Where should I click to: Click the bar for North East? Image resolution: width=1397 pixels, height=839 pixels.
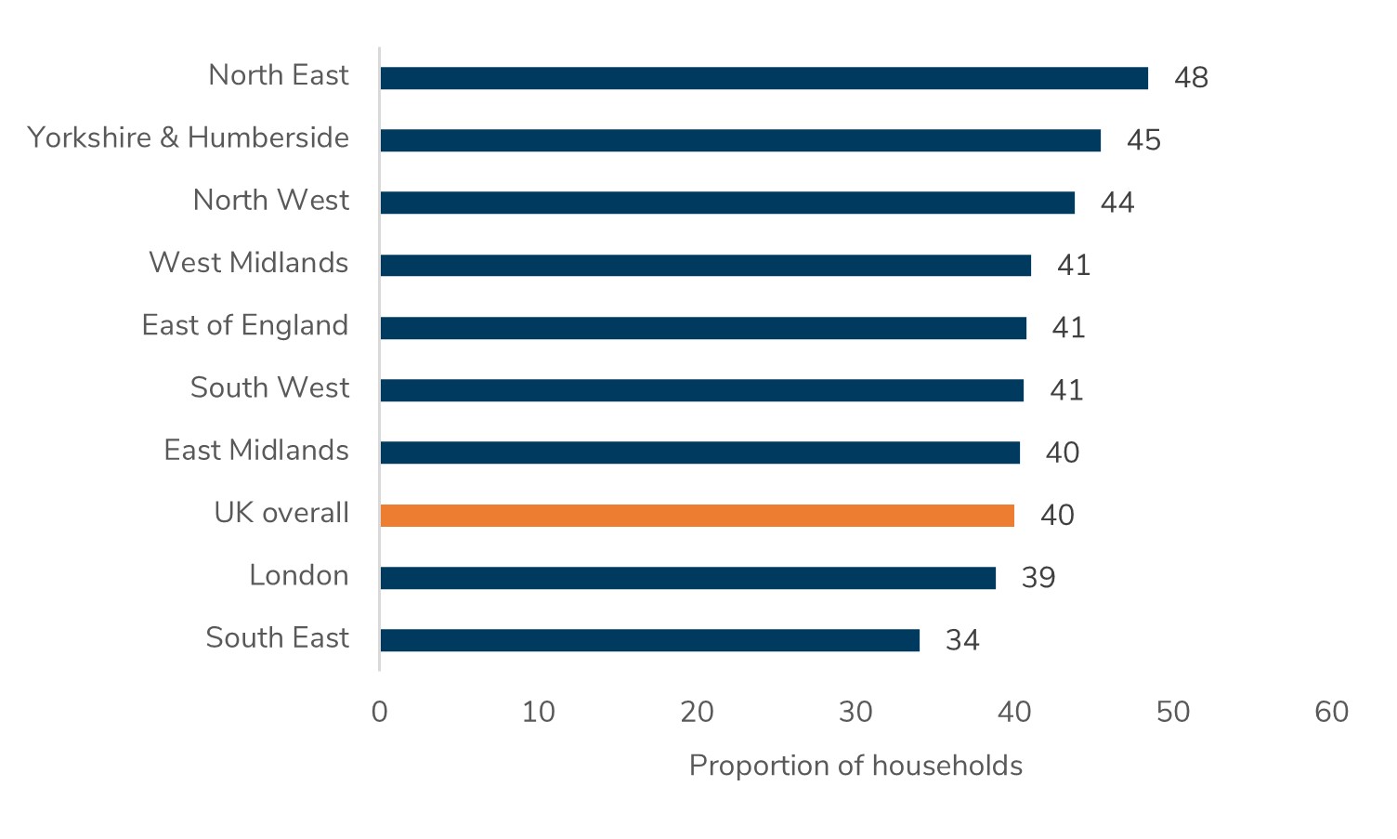pyautogui.click(x=764, y=78)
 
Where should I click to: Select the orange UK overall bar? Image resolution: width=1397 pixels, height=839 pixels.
pyautogui.click(x=697, y=516)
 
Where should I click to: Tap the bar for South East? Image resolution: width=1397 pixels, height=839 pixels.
pyautogui.click(x=649, y=640)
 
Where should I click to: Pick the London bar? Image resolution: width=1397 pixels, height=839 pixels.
pyautogui.click(x=687, y=578)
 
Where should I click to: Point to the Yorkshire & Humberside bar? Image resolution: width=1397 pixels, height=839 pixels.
pyautogui.click(x=740, y=140)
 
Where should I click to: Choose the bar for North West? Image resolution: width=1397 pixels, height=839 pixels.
pyautogui.click(x=727, y=203)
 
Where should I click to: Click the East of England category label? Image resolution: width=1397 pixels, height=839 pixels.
pyautogui.click(x=245, y=326)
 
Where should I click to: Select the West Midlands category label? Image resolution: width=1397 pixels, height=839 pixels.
pyautogui.click(x=249, y=263)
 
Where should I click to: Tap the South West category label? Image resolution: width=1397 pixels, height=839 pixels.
pyautogui.click(x=269, y=387)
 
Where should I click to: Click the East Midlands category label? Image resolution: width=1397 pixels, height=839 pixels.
pyautogui.click(x=256, y=451)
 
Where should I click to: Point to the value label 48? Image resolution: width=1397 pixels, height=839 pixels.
pyautogui.click(x=1191, y=78)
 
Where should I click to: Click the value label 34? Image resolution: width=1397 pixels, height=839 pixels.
pyautogui.click(x=962, y=640)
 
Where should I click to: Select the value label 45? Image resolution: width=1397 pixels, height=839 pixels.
pyautogui.click(x=1143, y=140)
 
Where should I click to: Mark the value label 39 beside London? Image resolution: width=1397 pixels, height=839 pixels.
pyautogui.click(x=1038, y=578)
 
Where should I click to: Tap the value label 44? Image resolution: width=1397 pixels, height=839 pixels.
pyautogui.click(x=1117, y=203)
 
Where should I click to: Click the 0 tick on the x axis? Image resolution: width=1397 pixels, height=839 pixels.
pyautogui.click(x=379, y=713)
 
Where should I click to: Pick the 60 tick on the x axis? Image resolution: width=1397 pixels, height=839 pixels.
pyautogui.click(x=1331, y=713)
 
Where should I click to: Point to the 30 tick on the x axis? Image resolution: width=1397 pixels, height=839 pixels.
pyautogui.click(x=855, y=713)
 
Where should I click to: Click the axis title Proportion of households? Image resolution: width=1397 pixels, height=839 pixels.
pyautogui.click(x=855, y=766)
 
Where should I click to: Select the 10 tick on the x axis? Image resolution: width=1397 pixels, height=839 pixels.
pyautogui.click(x=538, y=713)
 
